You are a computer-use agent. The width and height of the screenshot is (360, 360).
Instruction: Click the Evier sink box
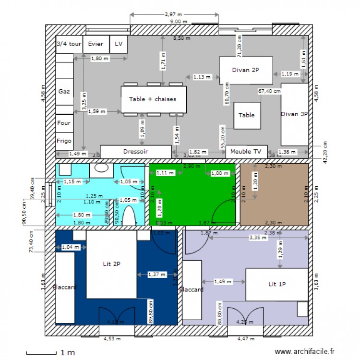pyautogui.click(x=96, y=44)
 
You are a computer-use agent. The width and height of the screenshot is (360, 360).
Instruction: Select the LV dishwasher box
pyautogui.click(x=119, y=44)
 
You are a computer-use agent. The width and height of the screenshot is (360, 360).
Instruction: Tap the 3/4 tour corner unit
pyautogui.click(x=69, y=44)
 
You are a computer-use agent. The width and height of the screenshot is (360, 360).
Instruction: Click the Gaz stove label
pyautogui.click(x=64, y=91)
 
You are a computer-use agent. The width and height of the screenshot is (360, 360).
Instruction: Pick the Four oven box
pyautogui.click(x=64, y=123)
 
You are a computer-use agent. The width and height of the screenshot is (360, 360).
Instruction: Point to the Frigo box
pyautogui.click(x=64, y=141)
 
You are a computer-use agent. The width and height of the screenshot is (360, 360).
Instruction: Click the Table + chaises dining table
pyautogui.click(x=153, y=99)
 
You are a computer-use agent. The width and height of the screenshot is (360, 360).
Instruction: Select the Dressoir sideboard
pyautogui.click(x=135, y=151)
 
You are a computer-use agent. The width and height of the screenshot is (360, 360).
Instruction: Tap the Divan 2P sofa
pyautogui.click(x=246, y=70)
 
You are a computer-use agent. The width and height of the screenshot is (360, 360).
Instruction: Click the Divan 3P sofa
pyautogui.click(x=294, y=114)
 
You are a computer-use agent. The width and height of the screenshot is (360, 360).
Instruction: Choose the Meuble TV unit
pyautogui.click(x=246, y=151)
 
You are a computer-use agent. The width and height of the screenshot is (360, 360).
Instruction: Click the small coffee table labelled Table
pyautogui.click(x=247, y=115)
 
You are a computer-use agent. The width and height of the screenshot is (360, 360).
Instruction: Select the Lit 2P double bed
pyautogui.click(x=111, y=264)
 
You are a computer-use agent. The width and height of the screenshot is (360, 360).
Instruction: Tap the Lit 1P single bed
pyautogui.click(x=276, y=284)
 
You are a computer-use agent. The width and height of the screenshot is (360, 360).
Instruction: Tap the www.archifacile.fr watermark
pyautogui.click(x=304, y=352)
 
